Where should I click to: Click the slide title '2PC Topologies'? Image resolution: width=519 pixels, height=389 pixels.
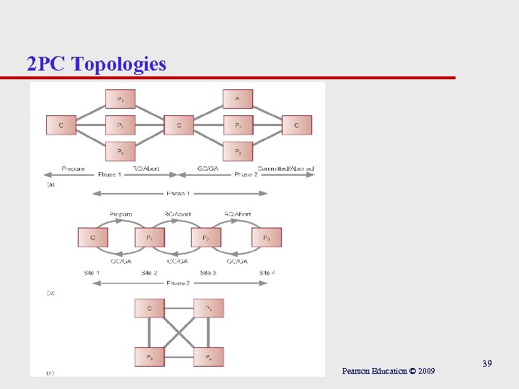pyautogui.click(x=97, y=64)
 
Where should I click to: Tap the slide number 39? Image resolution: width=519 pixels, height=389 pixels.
pyautogui.click(x=487, y=365)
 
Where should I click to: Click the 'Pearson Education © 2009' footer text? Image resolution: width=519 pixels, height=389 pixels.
pyautogui.click(x=389, y=371)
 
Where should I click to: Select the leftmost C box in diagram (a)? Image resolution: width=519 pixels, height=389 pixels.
pyautogui.click(x=61, y=125)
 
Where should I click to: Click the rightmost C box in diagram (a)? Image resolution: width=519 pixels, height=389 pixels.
pyautogui.click(x=296, y=125)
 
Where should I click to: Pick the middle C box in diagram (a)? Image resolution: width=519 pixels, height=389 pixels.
pyautogui.click(x=179, y=125)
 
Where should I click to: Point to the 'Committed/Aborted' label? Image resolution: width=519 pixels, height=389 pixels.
pyautogui.click(x=285, y=169)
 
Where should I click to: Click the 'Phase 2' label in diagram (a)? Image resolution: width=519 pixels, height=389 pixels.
pyautogui.click(x=246, y=174)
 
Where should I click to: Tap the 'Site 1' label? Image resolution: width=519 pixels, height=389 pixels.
pyautogui.click(x=92, y=273)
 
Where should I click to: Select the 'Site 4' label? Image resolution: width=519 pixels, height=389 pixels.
pyautogui.click(x=267, y=273)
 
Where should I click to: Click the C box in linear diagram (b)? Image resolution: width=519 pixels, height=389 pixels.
pyautogui.click(x=93, y=237)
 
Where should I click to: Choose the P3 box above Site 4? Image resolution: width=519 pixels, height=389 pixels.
pyautogui.click(x=266, y=237)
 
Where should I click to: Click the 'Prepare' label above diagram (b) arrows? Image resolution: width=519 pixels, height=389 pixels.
pyautogui.click(x=121, y=214)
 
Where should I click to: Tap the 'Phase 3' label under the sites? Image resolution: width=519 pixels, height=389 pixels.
pyautogui.click(x=178, y=283)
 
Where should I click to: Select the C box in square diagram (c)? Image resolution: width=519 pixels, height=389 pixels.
pyautogui.click(x=149, y=308)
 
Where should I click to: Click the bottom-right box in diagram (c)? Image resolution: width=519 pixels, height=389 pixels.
pyautogui.click(x=208, y=357)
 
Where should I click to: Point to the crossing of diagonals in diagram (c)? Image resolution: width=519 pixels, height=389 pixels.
pyautogui.click(x=179, y=333)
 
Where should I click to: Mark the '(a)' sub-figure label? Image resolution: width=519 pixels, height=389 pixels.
pyautogui.click(x=50, y=185)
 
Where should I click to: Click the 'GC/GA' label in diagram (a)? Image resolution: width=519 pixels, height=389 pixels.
pyautogui.click(x=208, y=169)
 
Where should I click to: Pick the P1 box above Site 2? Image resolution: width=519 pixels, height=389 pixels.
pyautogui.click(x=149, y=237)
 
